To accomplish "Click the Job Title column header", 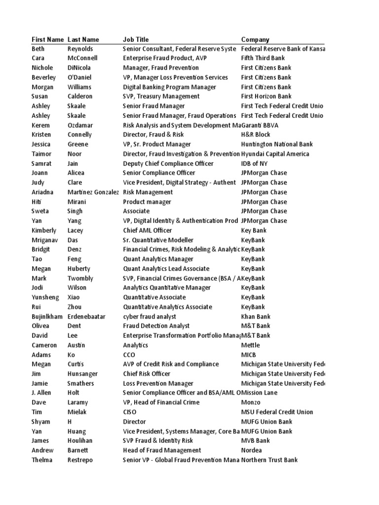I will pos(136,39).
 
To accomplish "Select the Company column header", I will pos(255,39).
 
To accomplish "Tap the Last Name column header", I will pos(83,39).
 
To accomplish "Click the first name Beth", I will pos(38,49).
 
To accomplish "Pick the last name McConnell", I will pos(82,58).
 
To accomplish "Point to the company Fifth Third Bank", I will pos(263,58).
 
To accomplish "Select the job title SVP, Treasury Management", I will pos(161,97).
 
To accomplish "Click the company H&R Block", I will pos(256,135).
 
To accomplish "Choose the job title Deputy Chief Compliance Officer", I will pos(168,164).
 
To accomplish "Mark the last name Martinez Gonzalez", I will pos(93,192).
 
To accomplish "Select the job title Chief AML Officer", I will pos(148,230).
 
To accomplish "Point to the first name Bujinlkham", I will pos(47,317).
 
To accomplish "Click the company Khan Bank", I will pos(256,317).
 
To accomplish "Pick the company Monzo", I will pos(251,402).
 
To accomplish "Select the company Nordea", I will pos(252,450).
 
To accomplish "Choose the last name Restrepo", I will pos(80,460).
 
